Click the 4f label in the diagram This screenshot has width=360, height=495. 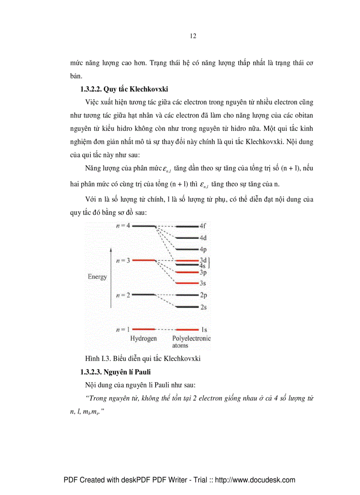click(x=203, y=226)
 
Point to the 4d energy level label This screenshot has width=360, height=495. click(x=203, y=238)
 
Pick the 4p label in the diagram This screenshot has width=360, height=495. click(x=203, y=249)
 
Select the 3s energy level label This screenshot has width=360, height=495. click(x=202, y=283)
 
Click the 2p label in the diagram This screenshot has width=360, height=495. click(x=203, y=295)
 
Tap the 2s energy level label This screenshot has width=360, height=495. click(x=203, y=307)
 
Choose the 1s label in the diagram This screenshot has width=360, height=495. click(x=204, y=329)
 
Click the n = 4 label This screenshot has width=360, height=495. click(x=123, y=226)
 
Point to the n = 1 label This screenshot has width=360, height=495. click(x=123, y=329)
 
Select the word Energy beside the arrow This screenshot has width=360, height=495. click(x=97, y=277)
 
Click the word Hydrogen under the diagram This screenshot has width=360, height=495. click(x=143, y=339)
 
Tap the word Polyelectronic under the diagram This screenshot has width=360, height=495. click(x=191, y=339)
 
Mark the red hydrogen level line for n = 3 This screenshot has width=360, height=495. click(x=143, y=260)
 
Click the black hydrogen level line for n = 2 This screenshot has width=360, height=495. click(x=143, y=294)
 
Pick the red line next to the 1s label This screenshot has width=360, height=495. click(x=187, y=329)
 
